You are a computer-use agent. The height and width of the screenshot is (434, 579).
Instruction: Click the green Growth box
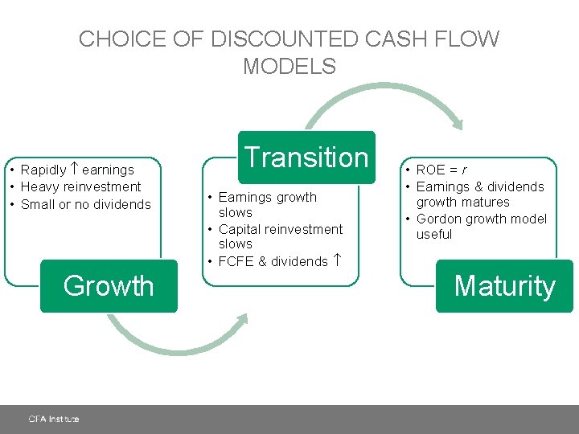click(109, 286)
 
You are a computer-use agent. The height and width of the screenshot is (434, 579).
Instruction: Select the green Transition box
click(306, 157)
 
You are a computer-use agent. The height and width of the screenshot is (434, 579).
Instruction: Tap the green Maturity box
click(504, 286)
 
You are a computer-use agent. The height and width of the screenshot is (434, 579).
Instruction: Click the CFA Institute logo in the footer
click(54, 419)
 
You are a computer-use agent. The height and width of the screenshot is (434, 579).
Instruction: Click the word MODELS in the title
click(289, 67)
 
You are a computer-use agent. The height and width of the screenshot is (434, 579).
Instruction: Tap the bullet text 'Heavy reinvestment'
click(81, 186)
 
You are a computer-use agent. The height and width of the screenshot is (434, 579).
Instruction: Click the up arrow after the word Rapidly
click(74, 170)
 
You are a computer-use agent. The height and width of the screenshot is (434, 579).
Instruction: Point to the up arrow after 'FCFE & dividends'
click(338, 260)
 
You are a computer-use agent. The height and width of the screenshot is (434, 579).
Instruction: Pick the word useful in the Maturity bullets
click(434, 235)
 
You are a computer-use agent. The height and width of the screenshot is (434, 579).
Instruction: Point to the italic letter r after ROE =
click(464, 170)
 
